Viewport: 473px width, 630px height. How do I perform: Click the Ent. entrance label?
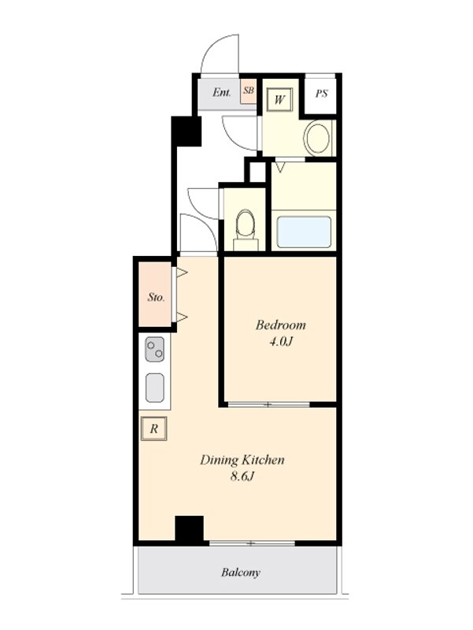pyautogui.click(x=222, y=92)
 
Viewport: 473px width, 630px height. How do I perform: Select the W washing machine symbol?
pyautogui.click(x=279, y=99)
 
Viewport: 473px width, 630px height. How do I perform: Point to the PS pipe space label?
pyautogui.click(x=321, y=94)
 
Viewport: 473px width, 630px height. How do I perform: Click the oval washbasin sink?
pyautogui.click(x=319, y=138)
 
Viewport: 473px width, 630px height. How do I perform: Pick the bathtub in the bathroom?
pyautogui.click(x=304, y=232)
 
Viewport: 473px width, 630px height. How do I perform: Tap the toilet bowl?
pyautogui.click(x=246, y=224)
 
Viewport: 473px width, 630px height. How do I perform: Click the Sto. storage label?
pyautogui.click(x=156, y=298)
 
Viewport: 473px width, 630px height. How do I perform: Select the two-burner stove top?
pyautogui.click(x=154, y=350)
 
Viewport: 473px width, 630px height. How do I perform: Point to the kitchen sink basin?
pyautogui.click(x=154, y=387)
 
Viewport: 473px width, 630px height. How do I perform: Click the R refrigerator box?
pyautogui.click(x=153, y=428)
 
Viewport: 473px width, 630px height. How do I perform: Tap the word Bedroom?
pyautogui.click(x=281, y=324)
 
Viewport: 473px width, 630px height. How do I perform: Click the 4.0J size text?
pyautogui.click(x=281, y=342)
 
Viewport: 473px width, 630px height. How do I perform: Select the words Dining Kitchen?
pyautogui.click(x=242, y=460)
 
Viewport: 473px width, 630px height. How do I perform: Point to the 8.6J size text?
pyautogui.click(x=242, y=476)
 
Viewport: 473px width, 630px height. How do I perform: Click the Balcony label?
pyautogui.click(x=241, y=573)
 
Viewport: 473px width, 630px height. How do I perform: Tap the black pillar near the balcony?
pyautogui.click(x=190, y=529)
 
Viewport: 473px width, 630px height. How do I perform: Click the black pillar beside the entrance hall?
pyautogui.click(x=186, y=131)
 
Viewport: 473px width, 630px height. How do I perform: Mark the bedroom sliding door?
pyautogui.click(x=268, y=404)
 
